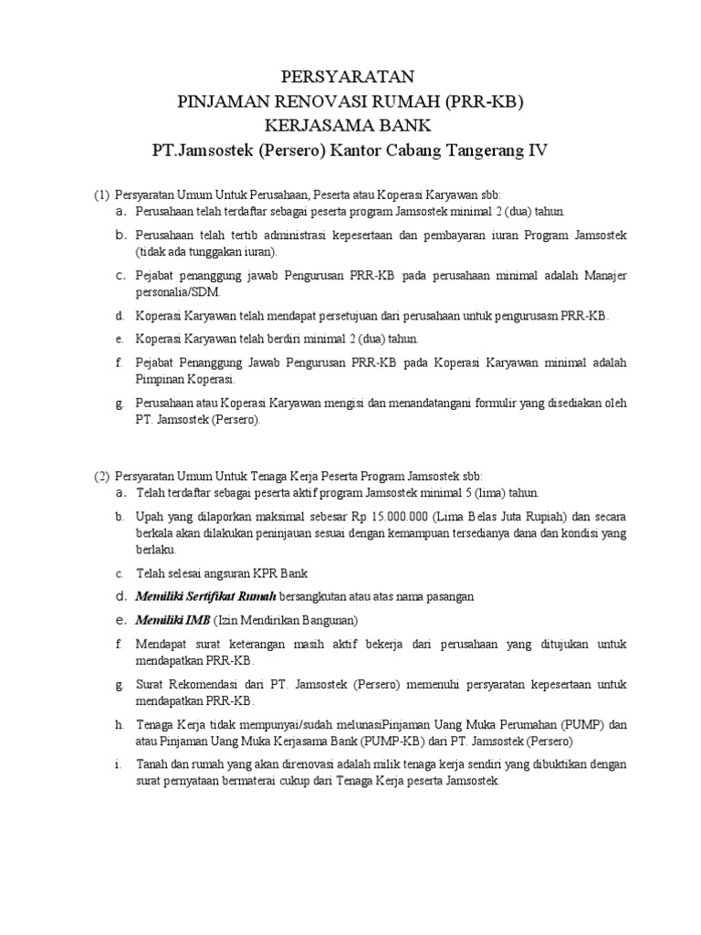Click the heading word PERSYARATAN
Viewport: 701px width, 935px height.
[350, 76]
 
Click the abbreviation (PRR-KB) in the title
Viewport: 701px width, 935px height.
[484, 100]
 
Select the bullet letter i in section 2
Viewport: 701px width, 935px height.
[119, 763]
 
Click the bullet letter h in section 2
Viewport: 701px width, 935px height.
[119, 724]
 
